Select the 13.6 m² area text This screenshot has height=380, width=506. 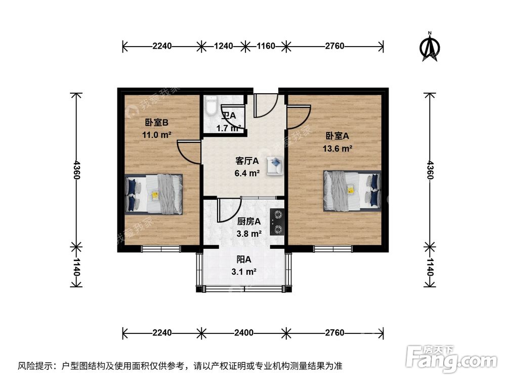[x=338, y=148]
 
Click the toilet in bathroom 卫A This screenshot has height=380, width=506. [x=211, y=106]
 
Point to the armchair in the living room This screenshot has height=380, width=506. [x=275, y=165]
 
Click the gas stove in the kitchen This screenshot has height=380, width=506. [x=277, y=222]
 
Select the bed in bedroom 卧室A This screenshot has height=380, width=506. [x=352, y=191]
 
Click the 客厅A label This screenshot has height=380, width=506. [x=247, y=161]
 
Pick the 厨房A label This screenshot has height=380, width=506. [x=249, y=221]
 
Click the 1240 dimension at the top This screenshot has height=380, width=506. [x=223, y=46]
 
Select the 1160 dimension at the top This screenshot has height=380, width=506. [x=266, y=46]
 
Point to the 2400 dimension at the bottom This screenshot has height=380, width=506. [x=244, y=333]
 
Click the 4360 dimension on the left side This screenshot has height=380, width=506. [x=76, y=170]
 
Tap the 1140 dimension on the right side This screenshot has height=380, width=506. [x=430, y=267]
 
